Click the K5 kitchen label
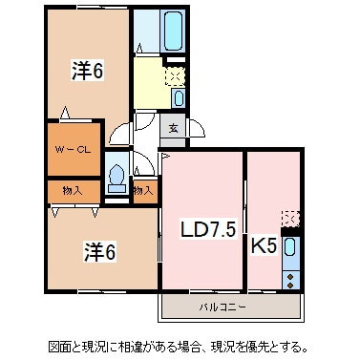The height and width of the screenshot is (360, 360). click(x=264, y=245)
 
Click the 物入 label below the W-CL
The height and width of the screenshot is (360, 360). click(x=71, y=190)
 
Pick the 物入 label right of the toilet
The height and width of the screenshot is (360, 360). click(x=143, y=190)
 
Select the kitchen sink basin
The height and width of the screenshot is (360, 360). click(x=291, y=251)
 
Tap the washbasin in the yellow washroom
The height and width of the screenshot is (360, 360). click(x=179, y=97)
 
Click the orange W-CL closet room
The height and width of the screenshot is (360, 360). click(x=71, y=150)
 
